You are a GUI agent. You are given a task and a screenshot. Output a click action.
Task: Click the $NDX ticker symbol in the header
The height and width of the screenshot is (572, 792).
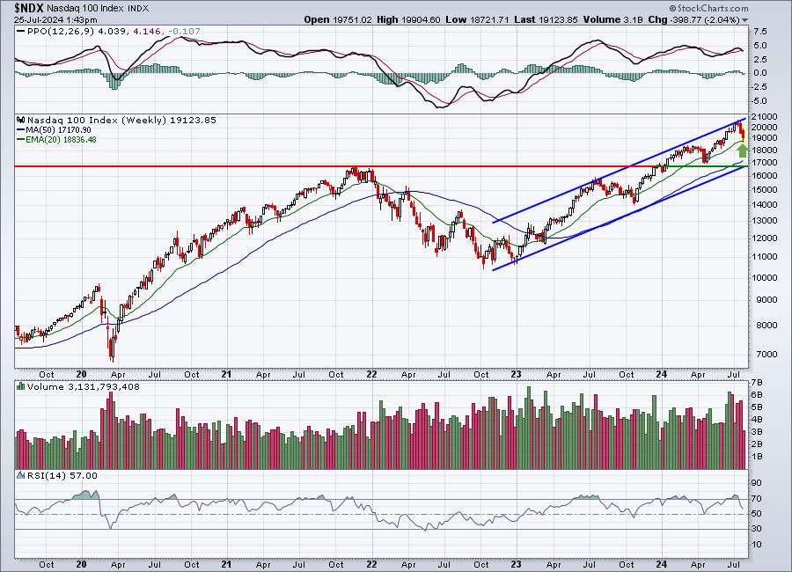[29, 8]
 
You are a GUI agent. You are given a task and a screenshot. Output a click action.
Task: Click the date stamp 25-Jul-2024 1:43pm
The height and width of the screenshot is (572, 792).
[55, 19]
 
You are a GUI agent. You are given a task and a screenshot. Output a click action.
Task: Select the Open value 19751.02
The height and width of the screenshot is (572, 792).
[352, 19]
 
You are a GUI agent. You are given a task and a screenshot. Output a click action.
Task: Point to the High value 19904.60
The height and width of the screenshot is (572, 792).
[421, 19]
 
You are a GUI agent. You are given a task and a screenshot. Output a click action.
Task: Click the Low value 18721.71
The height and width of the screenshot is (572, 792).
[488, 19]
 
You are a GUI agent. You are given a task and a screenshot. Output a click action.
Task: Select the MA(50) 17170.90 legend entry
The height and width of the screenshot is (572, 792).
[58, 130]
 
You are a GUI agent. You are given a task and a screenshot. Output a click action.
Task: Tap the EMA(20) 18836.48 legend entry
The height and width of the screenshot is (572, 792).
[61, 139]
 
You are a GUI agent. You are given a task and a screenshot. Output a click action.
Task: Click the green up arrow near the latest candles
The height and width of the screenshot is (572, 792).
[742, 150]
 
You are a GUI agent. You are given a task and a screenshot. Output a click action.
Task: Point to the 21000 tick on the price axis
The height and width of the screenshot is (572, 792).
[764, 117]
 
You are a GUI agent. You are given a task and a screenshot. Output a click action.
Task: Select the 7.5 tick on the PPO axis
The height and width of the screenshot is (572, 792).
[760, 32]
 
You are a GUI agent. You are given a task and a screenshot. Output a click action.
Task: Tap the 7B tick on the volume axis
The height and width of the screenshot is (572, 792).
[757, 383]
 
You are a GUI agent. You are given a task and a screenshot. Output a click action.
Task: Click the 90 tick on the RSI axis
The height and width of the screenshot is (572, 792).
[757, 483]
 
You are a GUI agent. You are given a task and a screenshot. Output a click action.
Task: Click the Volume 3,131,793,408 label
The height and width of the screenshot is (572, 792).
[84, 387]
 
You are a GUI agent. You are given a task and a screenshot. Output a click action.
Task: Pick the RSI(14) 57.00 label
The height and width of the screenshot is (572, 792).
[62, 475]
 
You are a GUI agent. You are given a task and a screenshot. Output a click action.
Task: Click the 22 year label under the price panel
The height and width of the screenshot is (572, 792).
[371, 374]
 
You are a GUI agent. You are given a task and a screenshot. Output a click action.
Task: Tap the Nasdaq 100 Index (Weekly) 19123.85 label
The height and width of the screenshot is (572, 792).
[121, 121]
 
